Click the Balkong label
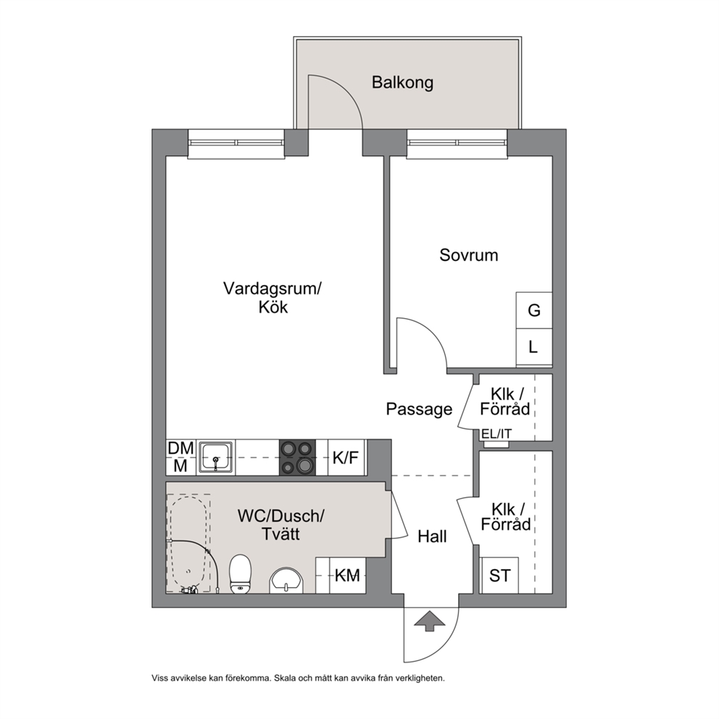point(402,83)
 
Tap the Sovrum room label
point(469,255)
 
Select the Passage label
point(419,409)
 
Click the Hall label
point(432,536)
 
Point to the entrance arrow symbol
point(430,621)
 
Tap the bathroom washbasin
point(286,581)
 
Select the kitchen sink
point(216,457)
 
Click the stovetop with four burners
point(297,457)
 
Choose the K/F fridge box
point(347,457)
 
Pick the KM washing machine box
point(347,575)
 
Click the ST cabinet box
point(499,575)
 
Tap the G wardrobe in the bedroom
point(533,310)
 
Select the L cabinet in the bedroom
point(533,347)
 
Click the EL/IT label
point(496,433)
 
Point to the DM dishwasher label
point(180,448)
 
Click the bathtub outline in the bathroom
point(188,544)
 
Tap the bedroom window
point(457,144)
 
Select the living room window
point(236,144)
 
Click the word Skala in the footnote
point(286,678)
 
